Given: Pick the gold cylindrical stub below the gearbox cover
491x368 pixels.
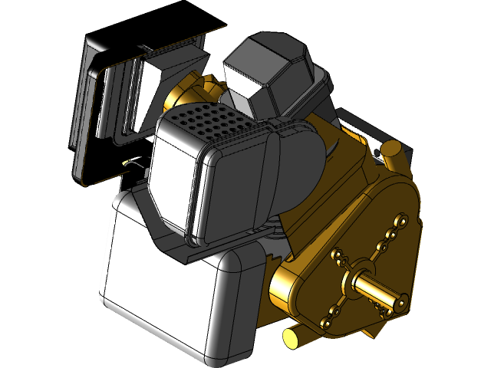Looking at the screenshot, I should click(x=292, y=337).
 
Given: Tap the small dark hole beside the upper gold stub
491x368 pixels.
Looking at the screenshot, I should click(x=379, y=154).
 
